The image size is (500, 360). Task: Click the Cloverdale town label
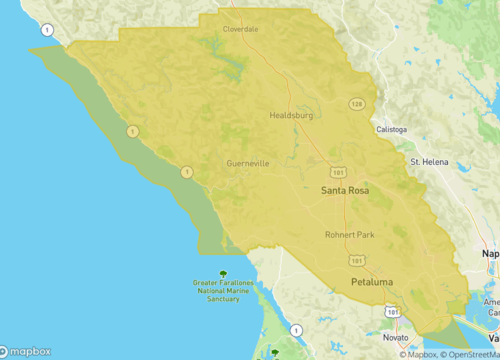240,29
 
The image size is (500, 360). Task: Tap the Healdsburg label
292,116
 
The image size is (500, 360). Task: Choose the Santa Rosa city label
346,189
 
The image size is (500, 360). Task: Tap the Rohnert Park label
350,235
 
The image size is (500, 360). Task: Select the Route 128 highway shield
356,103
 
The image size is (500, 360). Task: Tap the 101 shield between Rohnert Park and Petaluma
356,259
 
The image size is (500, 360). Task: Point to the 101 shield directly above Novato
389,312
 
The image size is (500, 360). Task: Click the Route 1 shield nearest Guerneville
186,172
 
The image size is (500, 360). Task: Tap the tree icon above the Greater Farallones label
223,274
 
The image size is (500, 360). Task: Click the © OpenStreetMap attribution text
469,354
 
